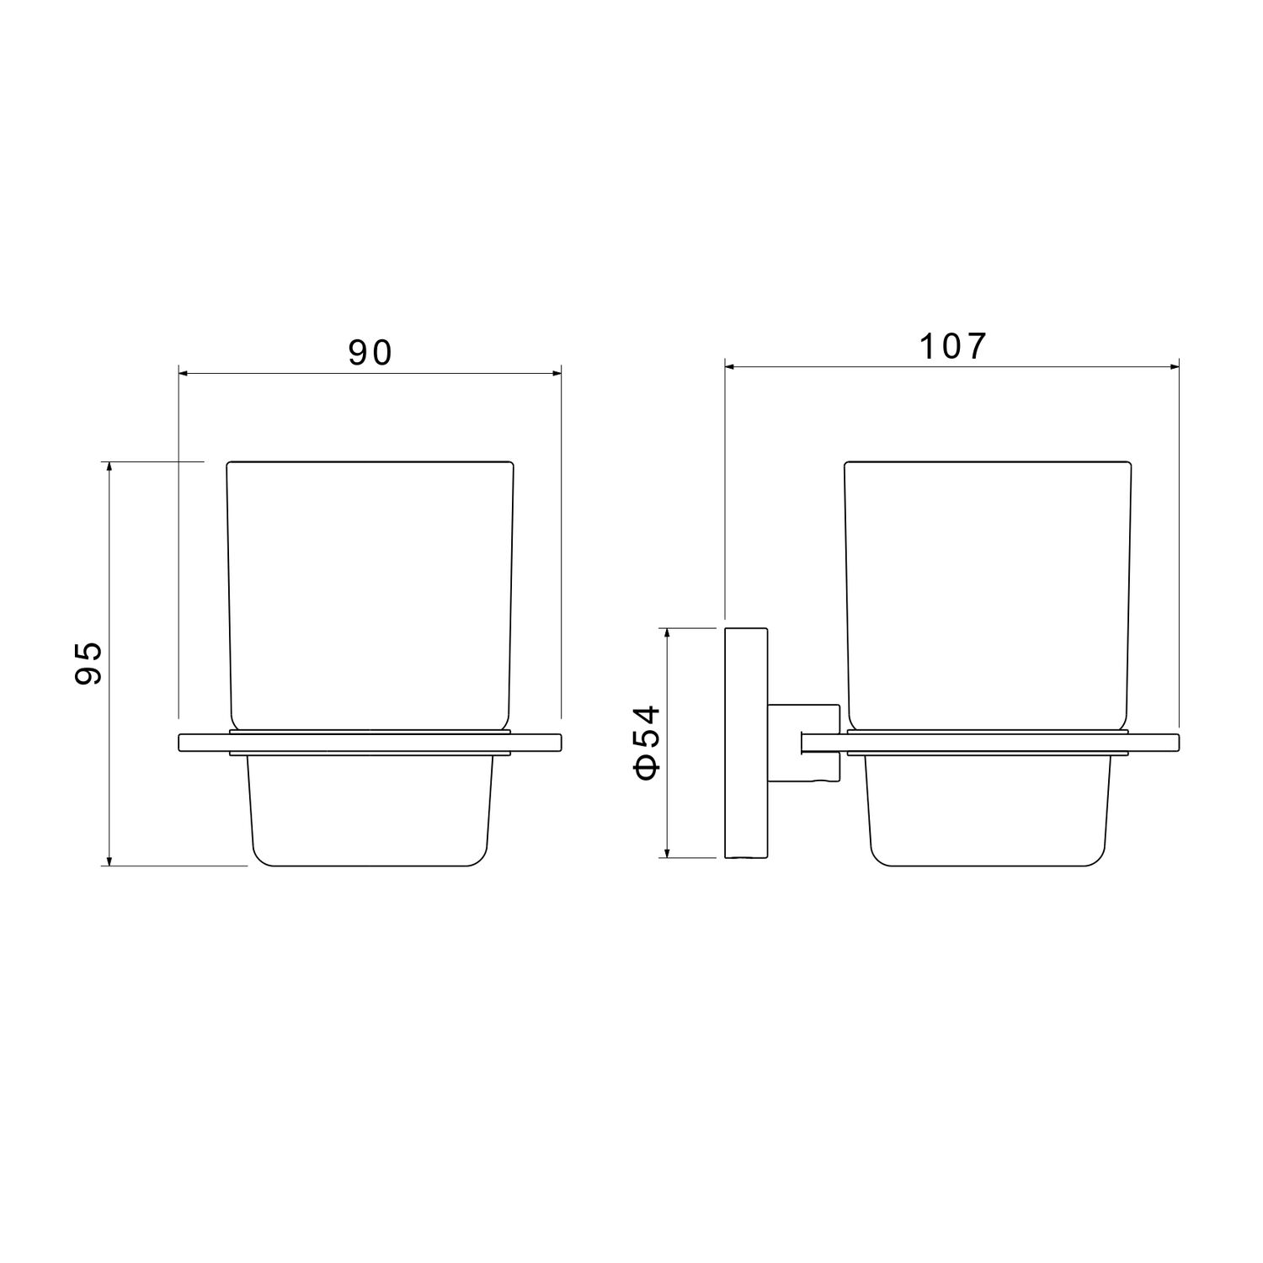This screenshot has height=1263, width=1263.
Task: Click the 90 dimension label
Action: [370, 353]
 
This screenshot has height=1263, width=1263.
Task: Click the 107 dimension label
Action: [951, 346]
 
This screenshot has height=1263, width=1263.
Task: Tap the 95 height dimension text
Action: [87, 663]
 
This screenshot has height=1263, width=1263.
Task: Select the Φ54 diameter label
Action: [646, 742]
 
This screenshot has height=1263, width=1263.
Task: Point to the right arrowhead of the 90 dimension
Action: [555, 373]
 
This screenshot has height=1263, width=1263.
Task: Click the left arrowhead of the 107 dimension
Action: [732, 366]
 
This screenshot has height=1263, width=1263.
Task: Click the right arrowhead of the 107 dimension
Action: [1172, 366]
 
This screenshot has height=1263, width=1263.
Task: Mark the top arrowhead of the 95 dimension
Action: [109, 468]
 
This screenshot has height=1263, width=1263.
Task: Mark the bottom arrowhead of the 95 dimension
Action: [109, 858]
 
